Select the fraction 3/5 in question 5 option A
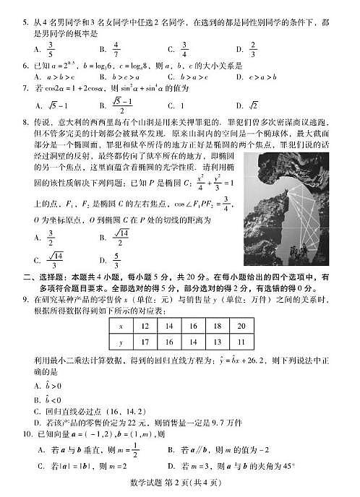click(51, 48)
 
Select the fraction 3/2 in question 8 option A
click(51, 236)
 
